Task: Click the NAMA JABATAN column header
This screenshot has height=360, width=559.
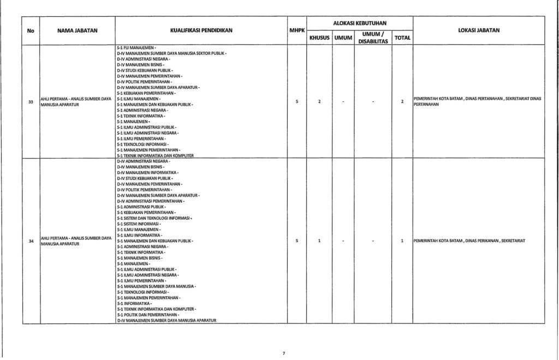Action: coord(77,31)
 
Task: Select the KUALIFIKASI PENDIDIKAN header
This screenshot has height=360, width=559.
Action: coord(201,31)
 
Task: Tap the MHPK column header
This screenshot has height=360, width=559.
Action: coord(296,31)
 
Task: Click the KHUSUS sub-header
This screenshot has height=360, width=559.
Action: coord(319,38)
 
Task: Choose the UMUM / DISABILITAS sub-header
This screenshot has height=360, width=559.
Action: coord(372,38)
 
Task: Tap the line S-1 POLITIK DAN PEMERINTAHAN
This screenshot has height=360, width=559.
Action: coord(147,315)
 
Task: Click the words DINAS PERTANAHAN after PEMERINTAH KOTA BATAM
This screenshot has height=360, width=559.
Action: coord(476,98)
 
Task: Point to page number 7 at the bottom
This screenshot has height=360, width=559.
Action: coord(284,353)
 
